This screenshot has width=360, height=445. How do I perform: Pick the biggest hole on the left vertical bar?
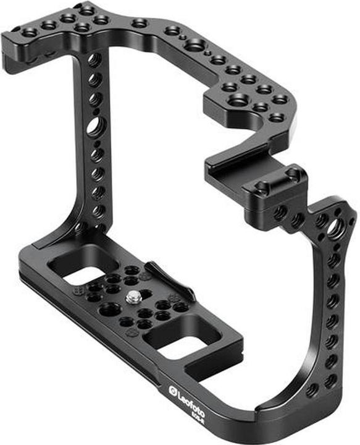pos(96,128)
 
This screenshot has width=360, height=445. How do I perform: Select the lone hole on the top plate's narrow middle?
pos(140,23)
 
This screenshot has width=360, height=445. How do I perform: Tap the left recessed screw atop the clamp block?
pos(263,186)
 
